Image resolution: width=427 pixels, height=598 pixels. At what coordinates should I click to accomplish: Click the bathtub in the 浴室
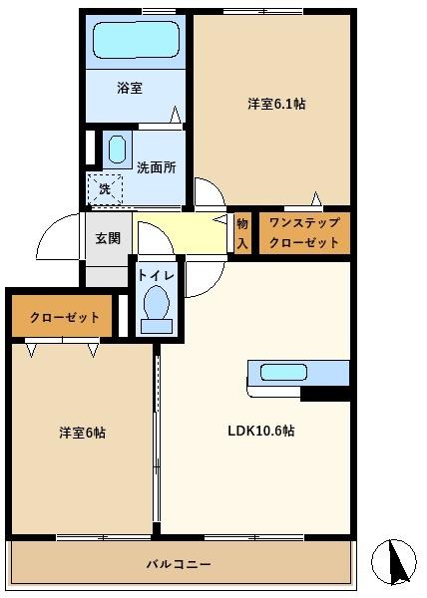pyautogui.click(x=136, y=40)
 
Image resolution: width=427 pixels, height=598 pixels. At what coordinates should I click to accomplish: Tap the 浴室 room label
pyautogui.click(x=130, y=88)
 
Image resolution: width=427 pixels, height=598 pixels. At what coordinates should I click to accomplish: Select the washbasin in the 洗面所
pyautogui.click(x=117, y=149)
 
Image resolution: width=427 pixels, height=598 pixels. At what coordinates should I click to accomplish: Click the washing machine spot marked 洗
pyautogui.click(x=105, y=188)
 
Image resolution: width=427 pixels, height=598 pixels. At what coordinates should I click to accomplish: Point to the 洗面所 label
pyautogui.click(x=157, y=167)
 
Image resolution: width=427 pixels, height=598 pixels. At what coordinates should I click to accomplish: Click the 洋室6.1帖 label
pyautogui.click(x=276, y=104)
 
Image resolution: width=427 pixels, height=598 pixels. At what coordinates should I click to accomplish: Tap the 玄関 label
pyautogui.click(x=108, y=238)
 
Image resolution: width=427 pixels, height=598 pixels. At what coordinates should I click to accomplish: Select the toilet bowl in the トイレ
pyautogui.click(x=157, y=302)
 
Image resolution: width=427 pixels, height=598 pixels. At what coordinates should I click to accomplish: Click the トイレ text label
pyautogui.click(x=156, y=276)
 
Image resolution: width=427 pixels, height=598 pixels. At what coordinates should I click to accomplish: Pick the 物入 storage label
pyautogui.click(x=242, y=233)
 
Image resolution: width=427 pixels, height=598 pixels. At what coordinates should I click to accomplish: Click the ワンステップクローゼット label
pyautogui.click(x=304, y=232)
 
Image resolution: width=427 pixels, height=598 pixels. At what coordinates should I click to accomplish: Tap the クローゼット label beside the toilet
pyautogui.click(x=65, y=317)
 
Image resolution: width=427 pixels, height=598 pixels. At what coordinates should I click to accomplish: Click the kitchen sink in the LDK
pyautogui.click(x=283, y=372)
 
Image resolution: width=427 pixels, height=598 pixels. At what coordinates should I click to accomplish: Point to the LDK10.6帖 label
pyautogui.click(x=261, y=431)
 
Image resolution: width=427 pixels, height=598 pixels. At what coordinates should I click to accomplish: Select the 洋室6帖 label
pyautogui.click(x=83, y=433)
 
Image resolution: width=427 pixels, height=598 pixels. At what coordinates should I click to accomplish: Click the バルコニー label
pyautogui.click(x=179, y=564)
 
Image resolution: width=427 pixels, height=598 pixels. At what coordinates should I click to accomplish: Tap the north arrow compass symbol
pyautogui.click(x=394, y=562)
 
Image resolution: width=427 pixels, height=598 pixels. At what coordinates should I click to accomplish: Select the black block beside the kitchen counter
pyautogui.click(x=325, y=394)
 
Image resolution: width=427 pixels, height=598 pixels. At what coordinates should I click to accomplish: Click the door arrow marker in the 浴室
pyautogui.click(x=176, y=115)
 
